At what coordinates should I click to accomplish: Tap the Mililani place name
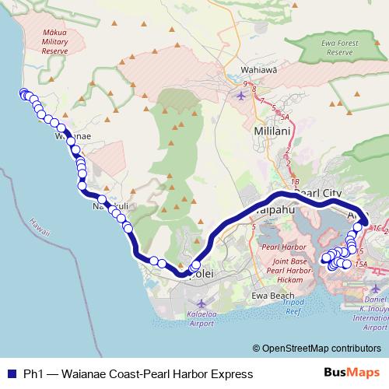point(272,131)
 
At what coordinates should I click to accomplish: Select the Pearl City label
point(318,192)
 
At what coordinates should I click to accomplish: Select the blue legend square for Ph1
point(11,374)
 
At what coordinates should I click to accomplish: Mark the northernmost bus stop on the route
point(22,94)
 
